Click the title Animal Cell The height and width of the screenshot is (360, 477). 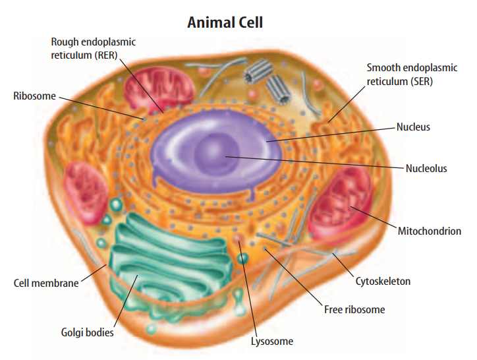[225, 22]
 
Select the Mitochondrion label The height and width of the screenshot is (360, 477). [429, 231]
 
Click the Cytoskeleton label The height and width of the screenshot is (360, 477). [383, 281]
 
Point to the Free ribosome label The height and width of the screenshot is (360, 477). [354, 309]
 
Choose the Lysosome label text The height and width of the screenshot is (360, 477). [271, 342]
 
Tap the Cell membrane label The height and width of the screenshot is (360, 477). [46, 284]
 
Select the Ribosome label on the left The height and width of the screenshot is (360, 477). [34, 96]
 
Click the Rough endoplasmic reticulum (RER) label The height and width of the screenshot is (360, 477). [93, 49]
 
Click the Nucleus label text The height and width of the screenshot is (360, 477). [413, 126]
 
